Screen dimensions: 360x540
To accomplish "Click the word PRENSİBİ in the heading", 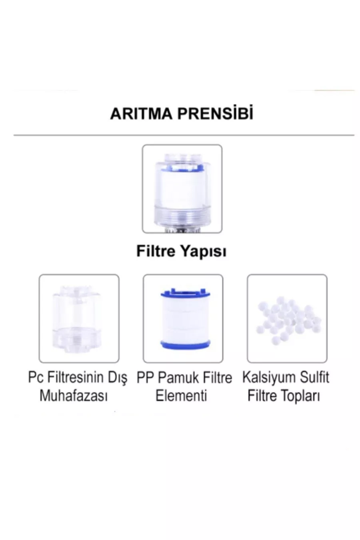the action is coord(216,113).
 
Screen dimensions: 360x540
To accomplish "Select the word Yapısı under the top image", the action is coord(203,252).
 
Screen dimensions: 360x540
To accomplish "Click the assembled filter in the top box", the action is coord(182,192).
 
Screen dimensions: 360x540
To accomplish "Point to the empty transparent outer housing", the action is coord(79,319).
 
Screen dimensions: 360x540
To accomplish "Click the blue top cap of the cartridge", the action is coord(185,293).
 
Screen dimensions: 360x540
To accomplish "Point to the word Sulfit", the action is coord(313,377).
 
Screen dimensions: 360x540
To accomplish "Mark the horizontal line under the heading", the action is coord(184,135).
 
